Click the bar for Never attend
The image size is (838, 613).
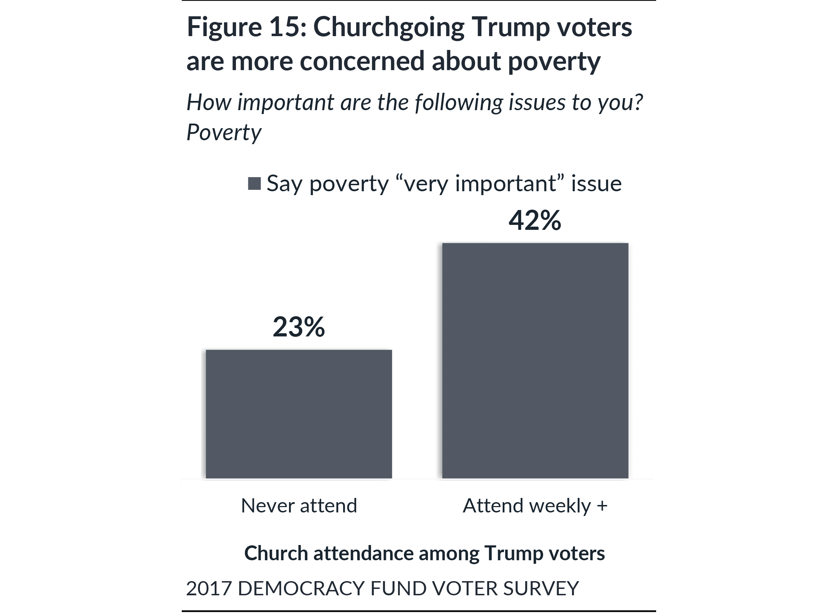pos(299,414)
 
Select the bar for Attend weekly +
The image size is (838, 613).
pos(535,361)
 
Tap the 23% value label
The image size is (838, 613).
pos(299,327)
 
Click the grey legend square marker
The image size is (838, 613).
pos(254,183)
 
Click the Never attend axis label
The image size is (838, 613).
pos(299,505)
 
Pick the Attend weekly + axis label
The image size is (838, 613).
pos(535,505)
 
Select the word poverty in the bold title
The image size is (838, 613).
pos(554,62)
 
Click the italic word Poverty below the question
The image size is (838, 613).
pos(224,132)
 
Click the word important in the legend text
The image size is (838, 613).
pos(505,183)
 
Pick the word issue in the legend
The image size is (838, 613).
pos(596,183)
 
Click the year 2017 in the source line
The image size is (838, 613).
pos(209,588)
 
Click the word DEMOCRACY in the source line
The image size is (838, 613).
pos(301,588)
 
